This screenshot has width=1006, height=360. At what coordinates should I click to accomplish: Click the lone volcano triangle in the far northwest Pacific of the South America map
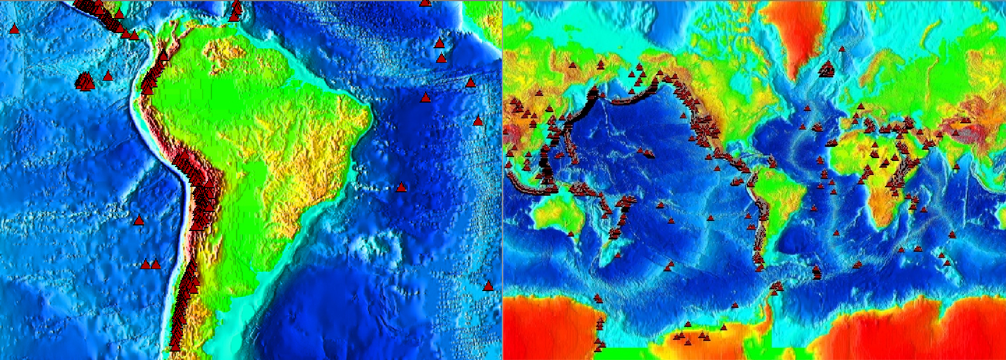coord(15,29)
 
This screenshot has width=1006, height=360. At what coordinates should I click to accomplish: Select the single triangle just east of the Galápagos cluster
coord(108,75)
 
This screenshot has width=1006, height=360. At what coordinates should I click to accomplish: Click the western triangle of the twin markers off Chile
coord(145,264)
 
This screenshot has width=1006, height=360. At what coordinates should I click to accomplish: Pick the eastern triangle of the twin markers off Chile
coord(156,264)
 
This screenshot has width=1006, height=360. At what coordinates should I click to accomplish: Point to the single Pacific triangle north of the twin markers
coord(139,220)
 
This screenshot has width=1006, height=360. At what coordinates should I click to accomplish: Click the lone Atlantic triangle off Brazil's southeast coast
coord(401,187)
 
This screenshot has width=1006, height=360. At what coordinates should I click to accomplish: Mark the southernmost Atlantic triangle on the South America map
coord(488,285)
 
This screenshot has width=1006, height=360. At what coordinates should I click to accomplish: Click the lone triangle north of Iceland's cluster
coord(842,49)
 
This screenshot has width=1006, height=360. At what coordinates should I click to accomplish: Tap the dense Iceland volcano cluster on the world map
coord(827,71)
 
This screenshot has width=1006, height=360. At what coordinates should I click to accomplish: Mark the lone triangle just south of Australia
coord(571,233)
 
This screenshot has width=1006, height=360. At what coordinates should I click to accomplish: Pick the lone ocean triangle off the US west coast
coord(683,116)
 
